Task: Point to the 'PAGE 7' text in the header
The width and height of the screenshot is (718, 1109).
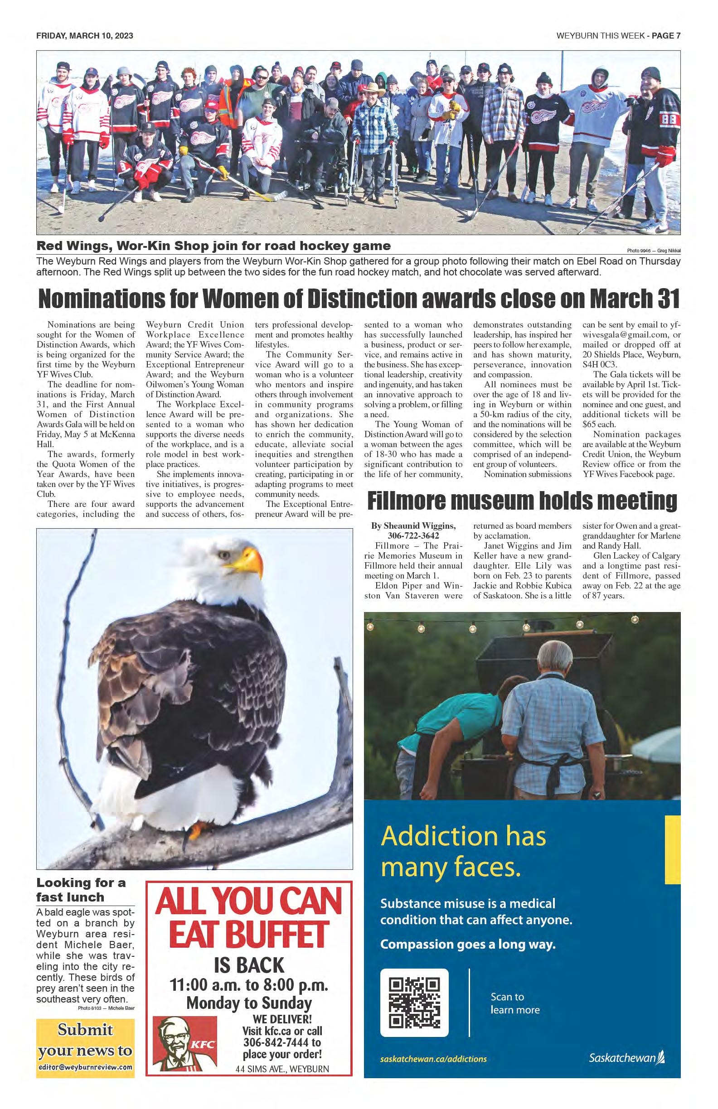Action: click(x=666, y=36)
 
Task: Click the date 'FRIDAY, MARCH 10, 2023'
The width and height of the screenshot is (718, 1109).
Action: click(x=85, y=36)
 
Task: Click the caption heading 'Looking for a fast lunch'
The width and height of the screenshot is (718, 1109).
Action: click(x=82, y=890)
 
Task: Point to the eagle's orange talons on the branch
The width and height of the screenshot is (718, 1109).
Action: click(x=197, y=827)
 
